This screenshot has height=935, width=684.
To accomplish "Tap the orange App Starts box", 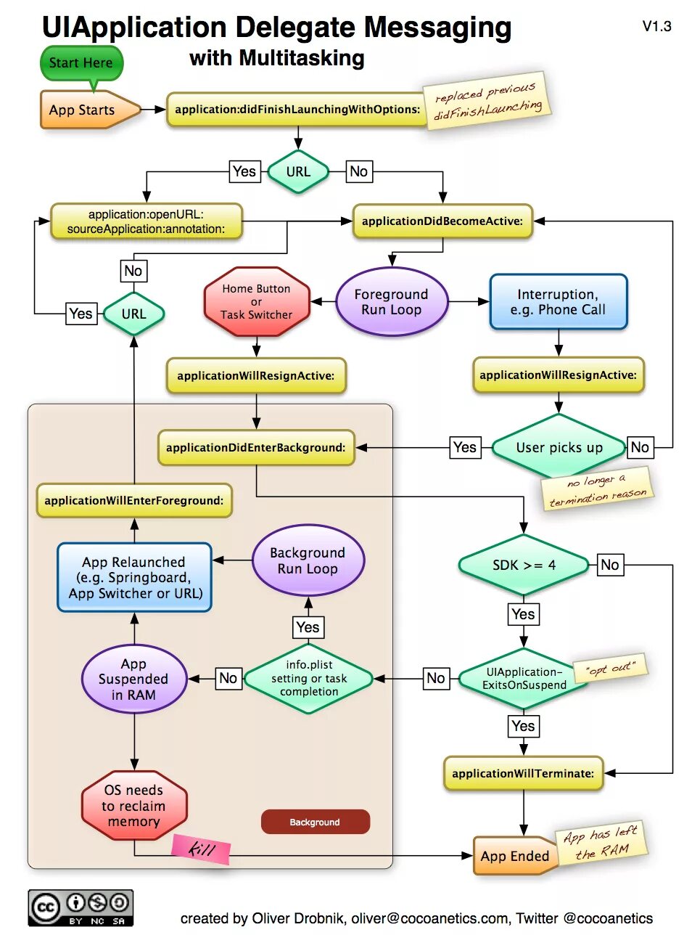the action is [x=91, y=110].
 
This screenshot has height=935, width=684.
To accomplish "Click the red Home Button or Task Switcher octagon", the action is [x=257, y=301].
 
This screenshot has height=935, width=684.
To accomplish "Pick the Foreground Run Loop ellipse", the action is [x=392, y=302].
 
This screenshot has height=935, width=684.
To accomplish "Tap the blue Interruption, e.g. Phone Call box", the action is [x=559, y=302].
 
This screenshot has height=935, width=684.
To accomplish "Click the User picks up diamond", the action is [x=559, y=447].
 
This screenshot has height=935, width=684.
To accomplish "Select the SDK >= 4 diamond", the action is [x=524, y=565].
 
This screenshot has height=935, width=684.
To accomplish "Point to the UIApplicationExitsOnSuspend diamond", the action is [x=524, y=678].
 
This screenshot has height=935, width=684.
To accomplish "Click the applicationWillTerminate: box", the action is [x=524, y=773].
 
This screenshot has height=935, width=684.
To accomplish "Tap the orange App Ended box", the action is [x=516, y=856].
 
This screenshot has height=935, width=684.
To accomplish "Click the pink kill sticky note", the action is [x=201, y=849].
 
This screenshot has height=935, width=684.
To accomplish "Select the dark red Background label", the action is [x=316, y=822].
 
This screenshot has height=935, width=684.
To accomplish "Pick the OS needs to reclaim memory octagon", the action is [x=134, y=806].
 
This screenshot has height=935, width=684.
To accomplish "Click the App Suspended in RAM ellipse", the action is [x=134, y=679].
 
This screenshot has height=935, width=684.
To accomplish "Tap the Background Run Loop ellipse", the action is [x=308, y=560].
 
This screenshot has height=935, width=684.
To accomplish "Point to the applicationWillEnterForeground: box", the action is [x=134, y=500].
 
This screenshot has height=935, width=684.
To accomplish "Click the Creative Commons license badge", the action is [x=81, y=907].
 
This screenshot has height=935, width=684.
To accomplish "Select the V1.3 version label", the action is [x=656, y=26].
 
